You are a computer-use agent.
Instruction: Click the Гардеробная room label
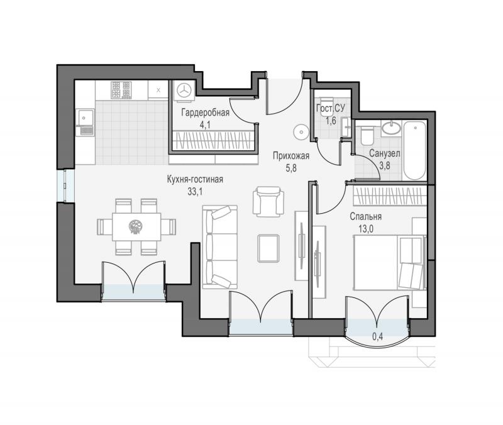(206, 113)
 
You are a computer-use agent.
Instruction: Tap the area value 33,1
(195, 192)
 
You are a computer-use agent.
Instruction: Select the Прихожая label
(291, 156)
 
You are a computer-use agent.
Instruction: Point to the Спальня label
(366, 216)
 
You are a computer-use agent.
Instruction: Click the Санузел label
(384, 153)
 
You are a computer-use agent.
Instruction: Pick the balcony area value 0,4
(378, 337)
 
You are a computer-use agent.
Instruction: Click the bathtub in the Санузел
(415, 150)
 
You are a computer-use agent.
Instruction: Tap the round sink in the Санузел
(391, 128)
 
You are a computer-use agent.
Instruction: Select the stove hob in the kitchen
(121, 90)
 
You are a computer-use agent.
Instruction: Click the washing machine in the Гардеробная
(184, 91)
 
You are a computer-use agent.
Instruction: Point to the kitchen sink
(85, 122)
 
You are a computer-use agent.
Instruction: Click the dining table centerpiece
(136, 227)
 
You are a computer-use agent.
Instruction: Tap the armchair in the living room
(268, 201)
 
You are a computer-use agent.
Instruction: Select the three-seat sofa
(220, 247)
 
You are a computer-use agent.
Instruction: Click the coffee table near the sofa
(268, 248)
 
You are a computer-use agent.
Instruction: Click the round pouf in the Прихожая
(301, 131)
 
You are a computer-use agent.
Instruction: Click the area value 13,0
(365, 229)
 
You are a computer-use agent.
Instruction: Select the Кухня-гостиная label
(195, 180)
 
